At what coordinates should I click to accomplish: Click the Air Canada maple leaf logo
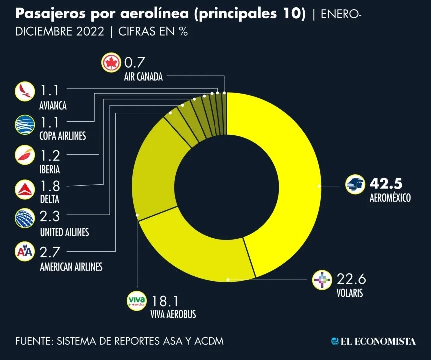coord(110,63)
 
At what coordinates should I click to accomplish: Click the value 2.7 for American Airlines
coord(50,251)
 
